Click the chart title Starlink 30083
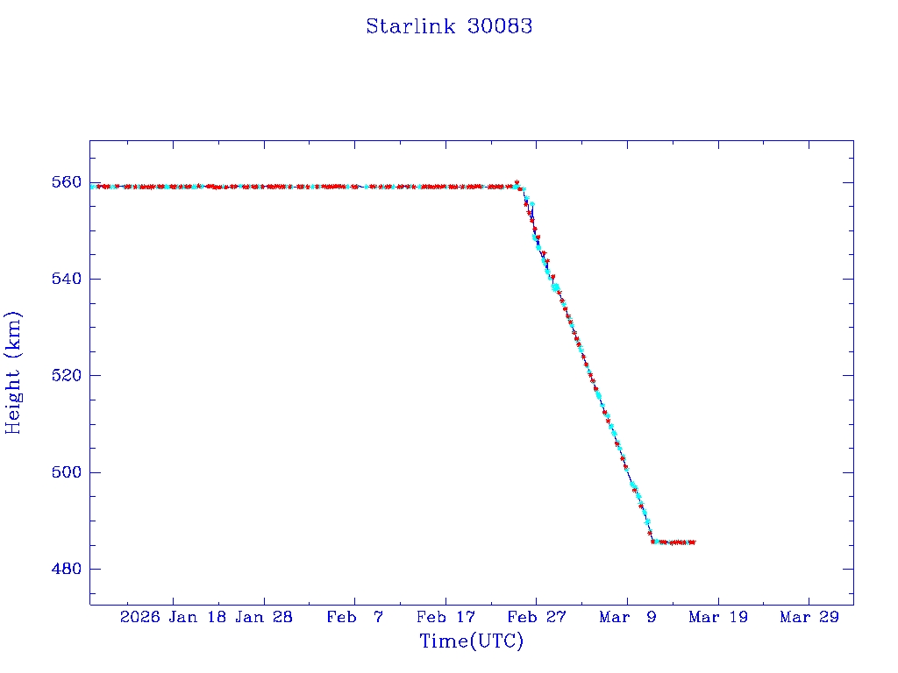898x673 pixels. tap(449, 26)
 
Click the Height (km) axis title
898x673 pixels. tap(14, 372)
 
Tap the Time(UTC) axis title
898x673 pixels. tap(471, 641)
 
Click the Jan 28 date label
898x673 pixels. tap(264, 618)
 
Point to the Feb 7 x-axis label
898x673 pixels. tap(354, 618)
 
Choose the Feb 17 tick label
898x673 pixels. tap(445, 618)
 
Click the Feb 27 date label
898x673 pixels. tap(537, 618)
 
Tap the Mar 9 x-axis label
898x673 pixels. tap(627, 618)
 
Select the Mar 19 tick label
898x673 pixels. tap(718, 618)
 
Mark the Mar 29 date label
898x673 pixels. tap(809, 618)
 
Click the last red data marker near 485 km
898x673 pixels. tap(693, 542)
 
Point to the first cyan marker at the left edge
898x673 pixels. tap(93, 187)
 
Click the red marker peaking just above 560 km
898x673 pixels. tap(517, 182)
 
